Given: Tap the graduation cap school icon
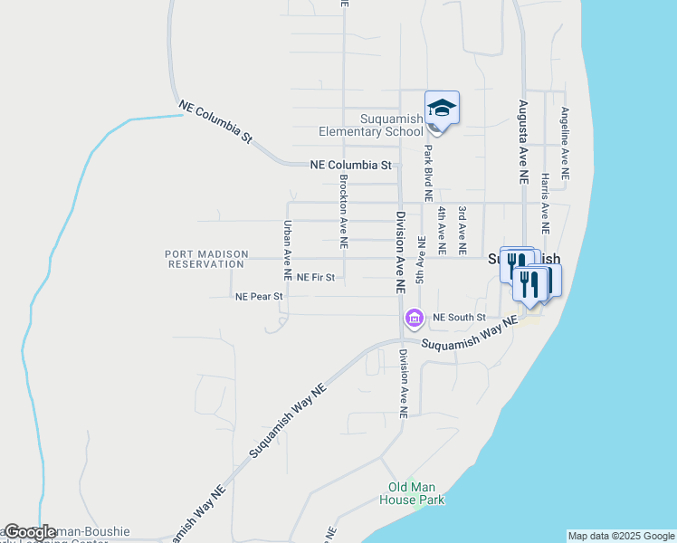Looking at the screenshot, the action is [x=442, y=109].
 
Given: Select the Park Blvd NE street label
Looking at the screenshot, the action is [x=428, y=172].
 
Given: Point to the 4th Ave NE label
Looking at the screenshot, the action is [x=442, y=230].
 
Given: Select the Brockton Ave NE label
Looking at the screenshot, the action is [x=344, y=212].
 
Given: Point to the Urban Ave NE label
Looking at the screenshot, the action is [x=288, y=249].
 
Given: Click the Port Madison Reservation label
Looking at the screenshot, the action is [x=205, y=259].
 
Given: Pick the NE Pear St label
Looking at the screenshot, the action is [x=259, y=296].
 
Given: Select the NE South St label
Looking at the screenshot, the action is [x=459, y=318].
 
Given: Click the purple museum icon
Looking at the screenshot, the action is [x=415, y=318].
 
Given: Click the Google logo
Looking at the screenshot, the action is [x=30, y=533].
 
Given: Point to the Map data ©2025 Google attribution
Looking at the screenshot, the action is [x=621, y=536].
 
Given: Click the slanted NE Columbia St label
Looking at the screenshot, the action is [x=215, y=121].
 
